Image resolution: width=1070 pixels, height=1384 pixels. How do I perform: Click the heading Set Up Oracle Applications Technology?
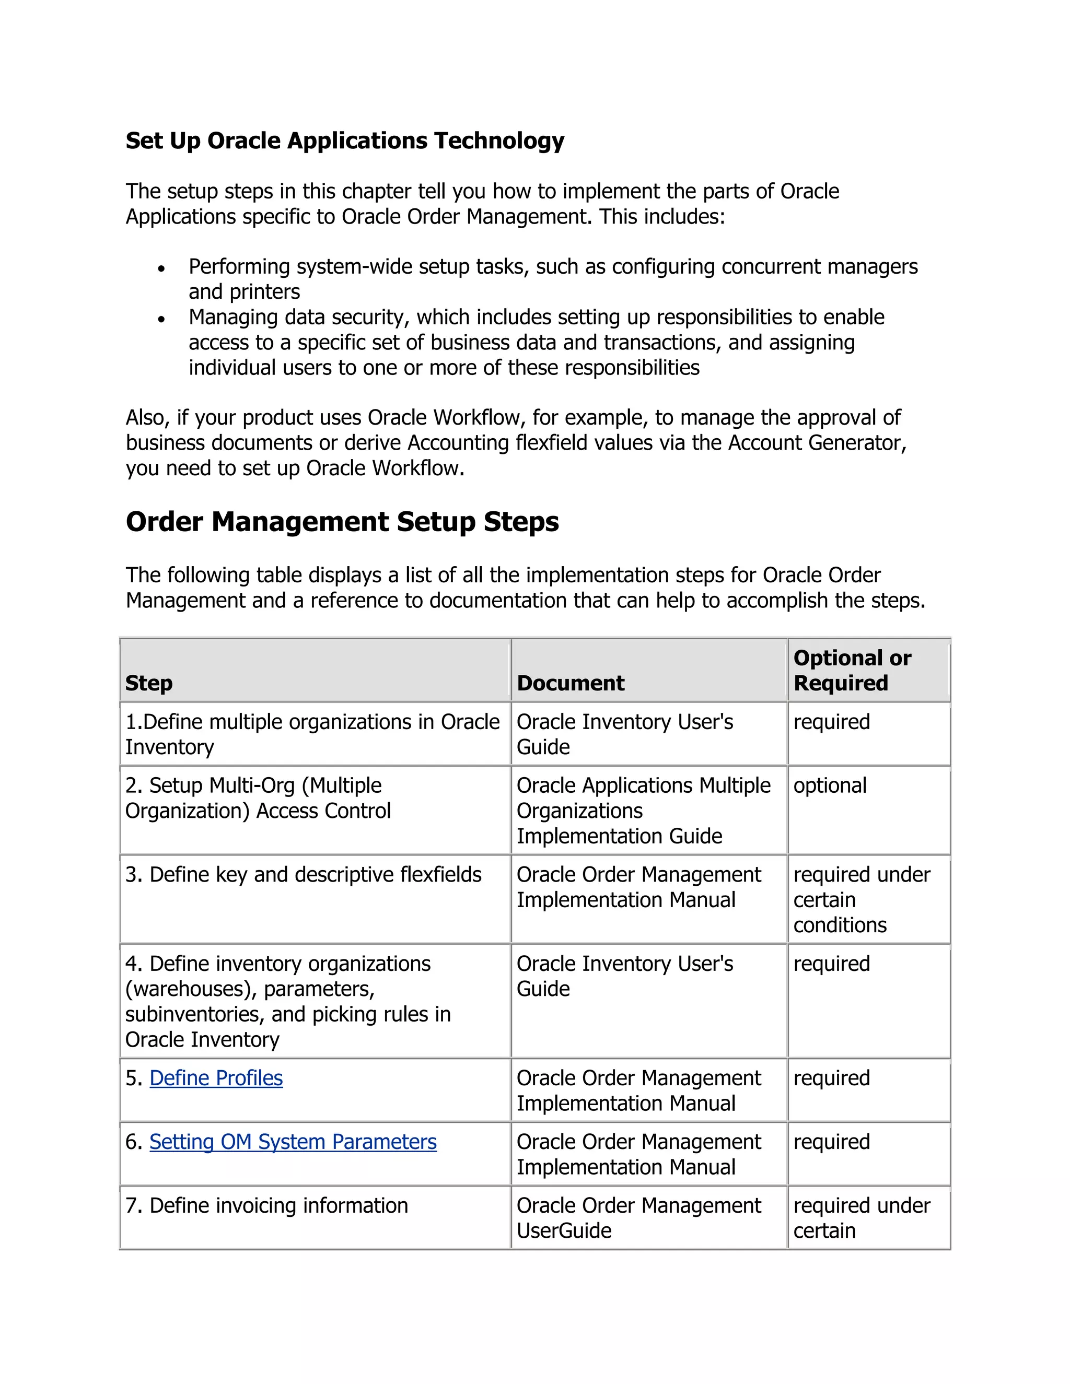(344, 140)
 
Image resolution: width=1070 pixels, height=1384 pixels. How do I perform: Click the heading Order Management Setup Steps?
(342, 522)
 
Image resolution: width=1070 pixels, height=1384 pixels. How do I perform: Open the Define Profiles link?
(216, 1078)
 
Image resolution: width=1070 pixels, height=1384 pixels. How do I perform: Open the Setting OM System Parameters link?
(293, 1141)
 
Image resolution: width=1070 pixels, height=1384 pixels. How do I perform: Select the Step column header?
(149, 683)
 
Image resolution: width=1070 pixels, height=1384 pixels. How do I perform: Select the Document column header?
(570, 683)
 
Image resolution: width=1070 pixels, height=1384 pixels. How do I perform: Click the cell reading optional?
(829, 786)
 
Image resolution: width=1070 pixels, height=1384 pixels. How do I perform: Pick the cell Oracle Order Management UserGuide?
(638, 1217)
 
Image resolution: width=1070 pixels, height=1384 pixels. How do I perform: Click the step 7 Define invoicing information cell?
(267, 1205)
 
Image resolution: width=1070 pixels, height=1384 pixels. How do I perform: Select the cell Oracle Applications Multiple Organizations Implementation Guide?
(643, 811)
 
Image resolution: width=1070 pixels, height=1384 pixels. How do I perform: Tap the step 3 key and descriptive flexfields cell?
(303, 874)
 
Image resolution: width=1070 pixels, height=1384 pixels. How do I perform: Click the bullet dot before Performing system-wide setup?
(161, 268)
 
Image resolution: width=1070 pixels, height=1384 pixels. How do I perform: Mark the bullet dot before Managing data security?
(161, 319)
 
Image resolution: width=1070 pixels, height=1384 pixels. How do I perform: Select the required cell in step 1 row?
(831, 722)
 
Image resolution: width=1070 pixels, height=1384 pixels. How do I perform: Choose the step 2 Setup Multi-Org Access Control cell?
(258, 799)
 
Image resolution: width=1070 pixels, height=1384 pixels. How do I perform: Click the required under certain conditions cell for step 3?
(861, 900)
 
